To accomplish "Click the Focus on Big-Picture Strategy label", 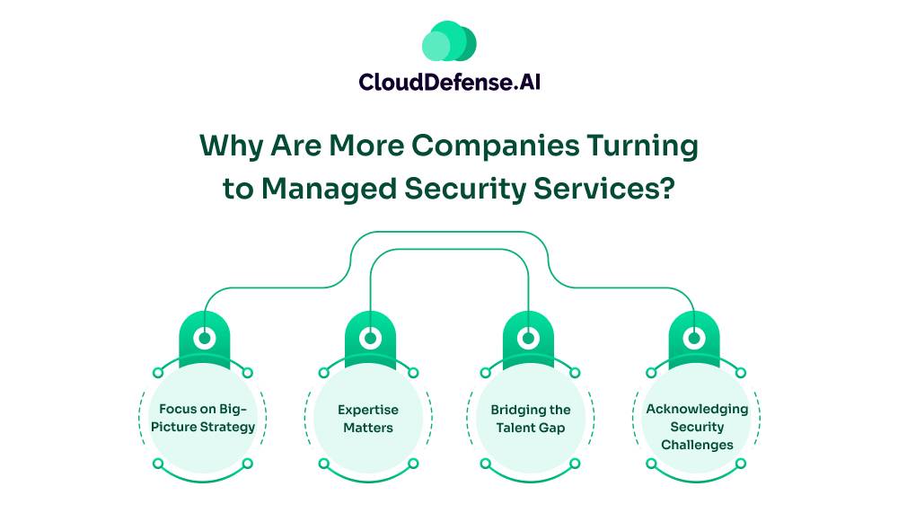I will (x=206, y=418).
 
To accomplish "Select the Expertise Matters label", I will (x=367, y=418).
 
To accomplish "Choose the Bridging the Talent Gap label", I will (x=530, y=418).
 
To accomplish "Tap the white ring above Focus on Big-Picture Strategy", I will (x=206, y=338).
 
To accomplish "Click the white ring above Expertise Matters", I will (x=368, y=338).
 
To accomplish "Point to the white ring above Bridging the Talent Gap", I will (x=530, y=338).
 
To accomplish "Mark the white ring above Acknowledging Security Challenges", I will (x=693, y=338).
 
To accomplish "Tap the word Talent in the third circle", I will (x=517, y=428).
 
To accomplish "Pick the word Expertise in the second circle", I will (x=367, y=410).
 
